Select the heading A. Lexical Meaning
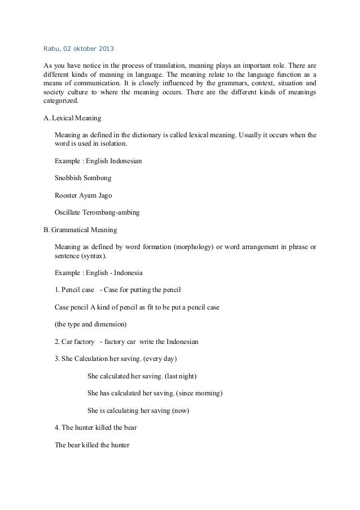[x=72, y=119]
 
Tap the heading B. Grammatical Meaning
[x=80, y=230]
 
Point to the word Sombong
[x=98, y=177]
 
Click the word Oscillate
[x=69, y=212]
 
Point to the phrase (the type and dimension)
[x=91, y=325]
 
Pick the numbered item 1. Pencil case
[x=74, y=290]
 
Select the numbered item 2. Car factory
[x=75, y=342]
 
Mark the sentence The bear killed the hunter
[x=92, y=444]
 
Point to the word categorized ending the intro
[x=62, y=102]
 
